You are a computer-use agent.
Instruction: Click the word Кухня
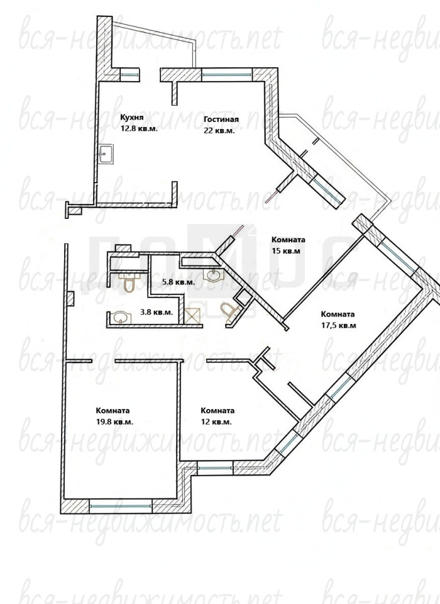tap(131, 117)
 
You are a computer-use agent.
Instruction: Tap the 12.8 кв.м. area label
tap(139, 128)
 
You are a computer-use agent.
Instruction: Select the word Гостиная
tap(221, 119)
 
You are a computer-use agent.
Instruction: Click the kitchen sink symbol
tap(105, 154)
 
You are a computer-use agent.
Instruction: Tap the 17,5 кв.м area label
tap(338, 325)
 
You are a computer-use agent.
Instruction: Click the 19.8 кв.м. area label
tap(115, 422)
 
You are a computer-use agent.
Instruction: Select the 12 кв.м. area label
tap(216, 422)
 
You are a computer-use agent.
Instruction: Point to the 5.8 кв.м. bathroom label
tap(179, 282)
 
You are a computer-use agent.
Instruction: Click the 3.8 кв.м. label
tap(157, 312)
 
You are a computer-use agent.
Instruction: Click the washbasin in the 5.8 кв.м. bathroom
tap(212, 275)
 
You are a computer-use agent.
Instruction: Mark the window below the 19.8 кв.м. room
tap(121, 506)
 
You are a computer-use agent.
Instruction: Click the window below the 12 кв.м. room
tap(214, 468)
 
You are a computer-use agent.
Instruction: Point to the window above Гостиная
tap(227, 74)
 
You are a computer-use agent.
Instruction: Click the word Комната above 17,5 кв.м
tap(338, 315)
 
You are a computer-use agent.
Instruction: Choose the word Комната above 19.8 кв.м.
tap(113, 411)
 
